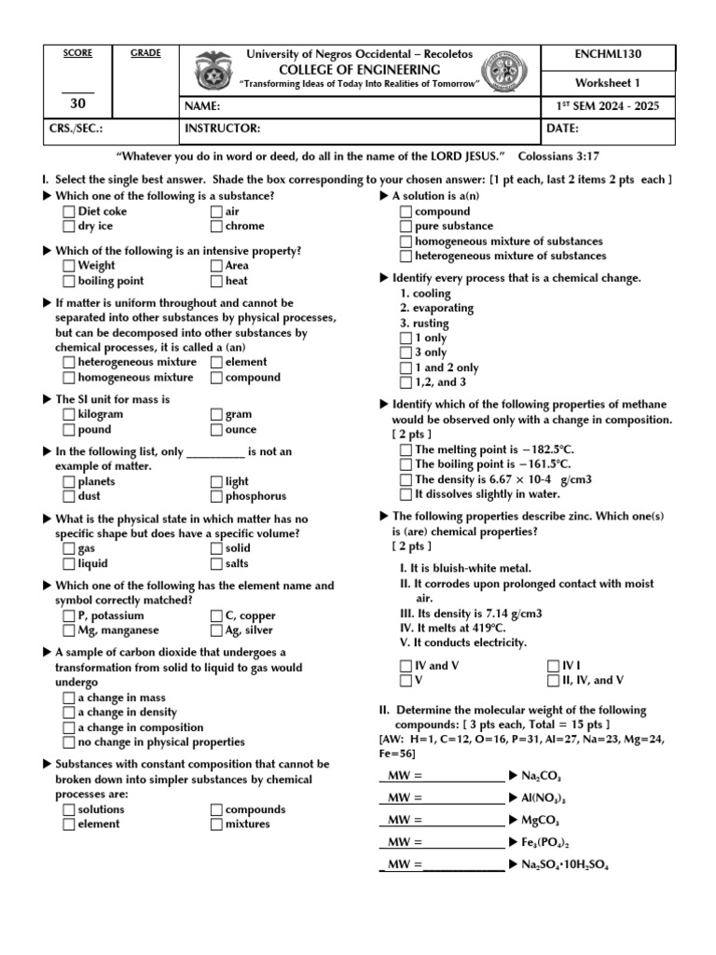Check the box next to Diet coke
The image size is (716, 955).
[69, 212]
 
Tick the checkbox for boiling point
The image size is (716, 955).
[69, 281]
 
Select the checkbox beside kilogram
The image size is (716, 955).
[69, 414]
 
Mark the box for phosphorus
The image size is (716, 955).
[216, 497]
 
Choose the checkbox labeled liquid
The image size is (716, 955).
[69, 564]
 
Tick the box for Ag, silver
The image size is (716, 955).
[216, 631]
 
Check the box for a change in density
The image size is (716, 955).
[69, 713]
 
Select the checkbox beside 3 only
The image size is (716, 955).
[405, 353]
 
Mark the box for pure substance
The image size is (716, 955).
[405, 227]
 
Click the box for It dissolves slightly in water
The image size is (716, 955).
[405, 495]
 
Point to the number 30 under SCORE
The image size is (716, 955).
[77, 105]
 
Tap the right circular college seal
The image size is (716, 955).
[504, 74]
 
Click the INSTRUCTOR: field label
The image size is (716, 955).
[222, 129]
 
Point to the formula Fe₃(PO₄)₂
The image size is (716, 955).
[545, 842]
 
